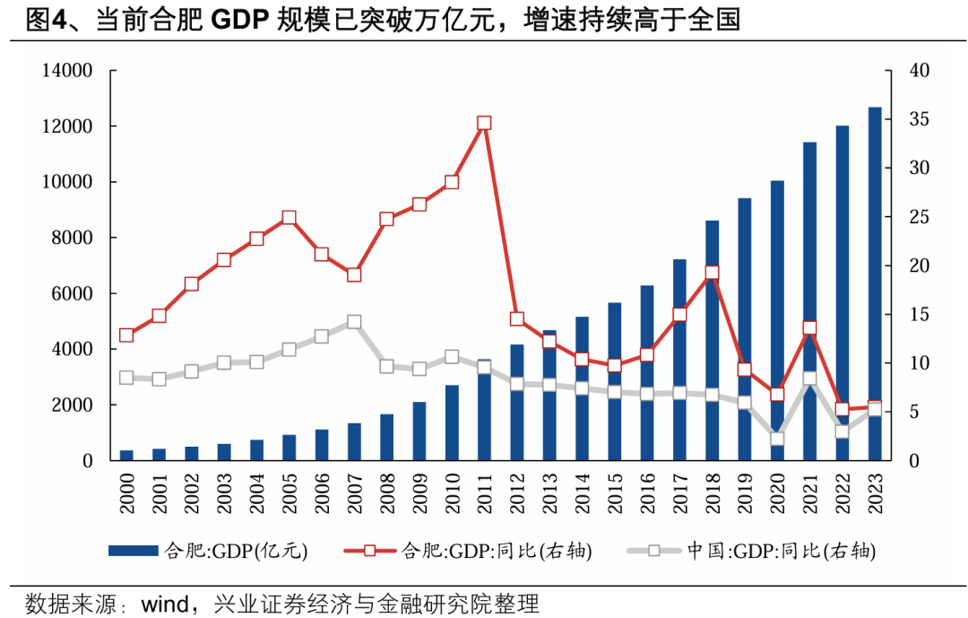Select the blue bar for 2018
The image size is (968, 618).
tap(713, 341)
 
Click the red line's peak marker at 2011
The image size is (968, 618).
tap(484, 124)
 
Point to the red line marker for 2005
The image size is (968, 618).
tap(289, 218)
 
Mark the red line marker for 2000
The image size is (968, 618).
tap(126, 335)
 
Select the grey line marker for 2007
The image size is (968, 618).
tap(354, 322)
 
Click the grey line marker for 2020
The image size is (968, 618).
tap(777, 440)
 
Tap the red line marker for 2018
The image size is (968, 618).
tap(712, 273)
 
